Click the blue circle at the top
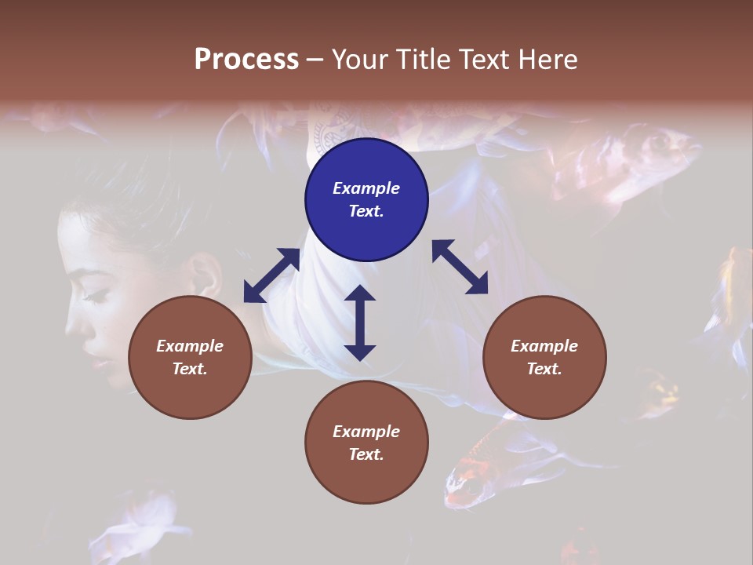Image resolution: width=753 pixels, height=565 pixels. pyautogui.click(x=366, y=200)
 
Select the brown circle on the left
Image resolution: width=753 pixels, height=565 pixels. pyautogui.click(x=190, y=357)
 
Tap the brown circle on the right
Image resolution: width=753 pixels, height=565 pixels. pyautogui.click(x=544, y=357)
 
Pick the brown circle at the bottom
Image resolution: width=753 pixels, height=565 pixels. pyautogui.click(x=366, y=443)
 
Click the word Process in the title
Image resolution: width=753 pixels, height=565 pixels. pyautogui.click(x=246, y=60)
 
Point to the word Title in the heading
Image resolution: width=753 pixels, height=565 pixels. pyautogui.click(x=422, y=60)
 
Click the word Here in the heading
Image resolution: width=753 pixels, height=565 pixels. pyautogui.click(x=550, y=60)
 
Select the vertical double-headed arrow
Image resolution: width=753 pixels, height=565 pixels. pyautogui.click(x=360, y=323)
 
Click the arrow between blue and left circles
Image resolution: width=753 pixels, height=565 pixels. pyautogui.click(x=271, y=275)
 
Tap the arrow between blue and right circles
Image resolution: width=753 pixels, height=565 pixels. pyautogui.click(x=460, y=267)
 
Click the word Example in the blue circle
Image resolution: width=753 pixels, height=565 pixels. pyautogui.click(x=366, y=188)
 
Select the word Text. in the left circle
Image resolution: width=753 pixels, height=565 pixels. pyautogui.click(x=190, y=369)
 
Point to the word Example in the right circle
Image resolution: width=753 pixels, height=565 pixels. pyautogui.click(x=544, y=346)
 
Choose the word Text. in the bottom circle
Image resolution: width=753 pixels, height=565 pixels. pyautogui.click(x=366, y=454)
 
